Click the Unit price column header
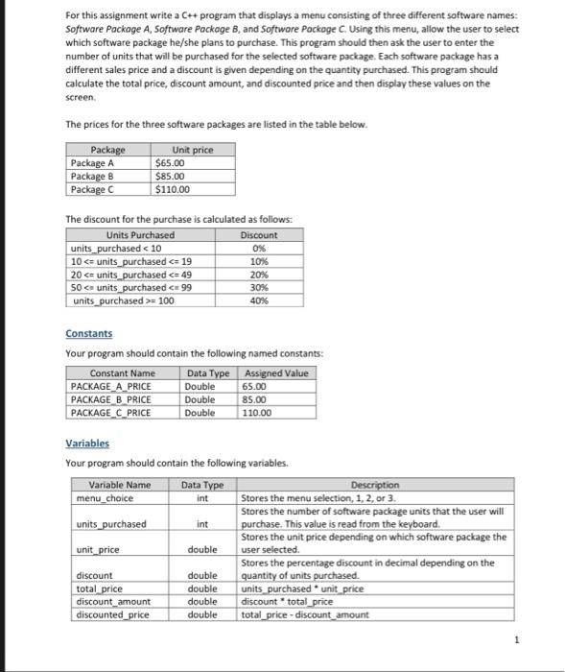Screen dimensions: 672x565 (192, 151)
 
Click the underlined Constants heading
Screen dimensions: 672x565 (88, 333)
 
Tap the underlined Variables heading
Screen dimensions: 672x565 (87, 444)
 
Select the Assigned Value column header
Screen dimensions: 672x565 (276, 372)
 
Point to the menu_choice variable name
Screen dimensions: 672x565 (104, 498)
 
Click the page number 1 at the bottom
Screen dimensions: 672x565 (515, 638)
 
